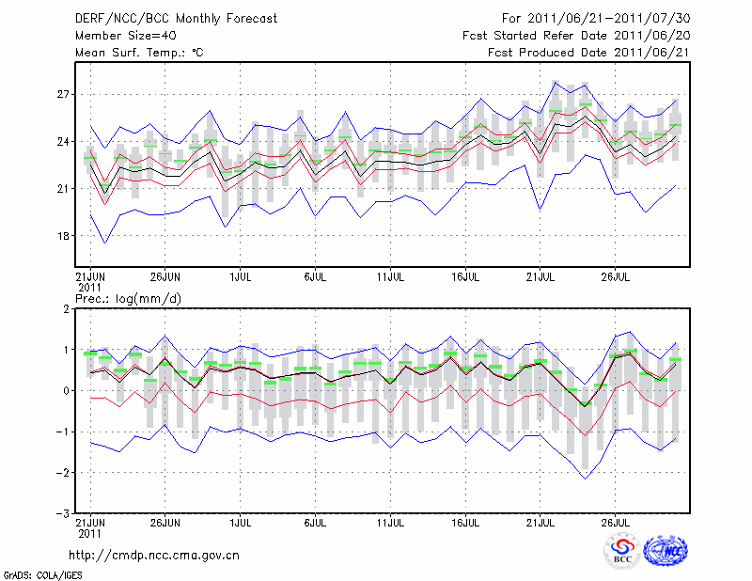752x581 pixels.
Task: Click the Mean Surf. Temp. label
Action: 139,53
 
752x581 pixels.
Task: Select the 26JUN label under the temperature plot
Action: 165,277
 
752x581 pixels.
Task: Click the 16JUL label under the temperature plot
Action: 466,277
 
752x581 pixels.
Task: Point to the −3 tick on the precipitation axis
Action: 63,514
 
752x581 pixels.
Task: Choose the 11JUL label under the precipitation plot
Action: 391,521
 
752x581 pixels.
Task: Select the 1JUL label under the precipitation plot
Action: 241,521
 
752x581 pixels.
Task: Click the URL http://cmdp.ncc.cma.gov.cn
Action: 154,555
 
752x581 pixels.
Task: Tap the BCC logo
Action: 622,552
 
